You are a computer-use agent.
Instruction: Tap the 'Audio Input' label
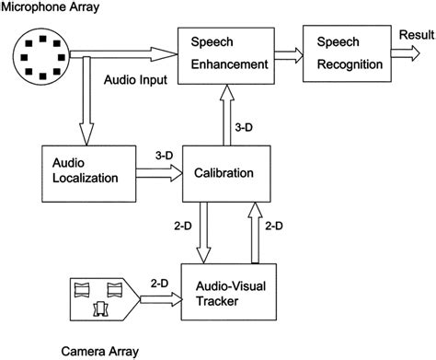click(135, 81)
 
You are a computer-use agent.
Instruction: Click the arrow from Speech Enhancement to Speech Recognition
click(285, 54)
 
